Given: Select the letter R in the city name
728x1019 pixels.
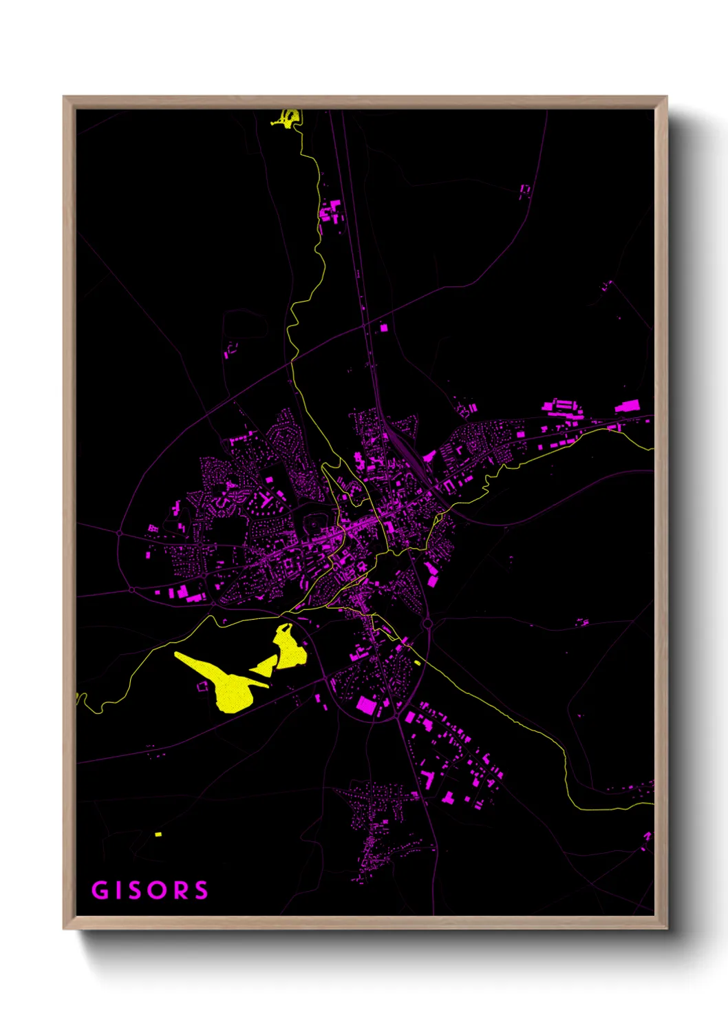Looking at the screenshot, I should click(180, 890).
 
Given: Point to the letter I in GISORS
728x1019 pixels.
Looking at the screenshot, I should click(118, 890).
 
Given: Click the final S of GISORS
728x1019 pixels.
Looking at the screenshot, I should click(201, 890).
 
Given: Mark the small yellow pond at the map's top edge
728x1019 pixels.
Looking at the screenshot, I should click(289, 118).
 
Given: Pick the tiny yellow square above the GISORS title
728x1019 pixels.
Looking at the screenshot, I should click(158, 834).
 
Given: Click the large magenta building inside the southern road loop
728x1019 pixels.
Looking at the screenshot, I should click(366, 706).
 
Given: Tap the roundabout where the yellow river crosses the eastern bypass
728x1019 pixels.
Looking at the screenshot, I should click(427, 624).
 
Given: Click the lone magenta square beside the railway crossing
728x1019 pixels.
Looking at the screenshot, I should click(384, 328).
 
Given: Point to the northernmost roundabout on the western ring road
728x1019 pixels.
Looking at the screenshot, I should click(120, 533).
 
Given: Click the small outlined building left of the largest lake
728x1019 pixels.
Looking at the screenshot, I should click(202, 686).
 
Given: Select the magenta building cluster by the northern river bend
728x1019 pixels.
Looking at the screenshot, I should click(331, 211).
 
